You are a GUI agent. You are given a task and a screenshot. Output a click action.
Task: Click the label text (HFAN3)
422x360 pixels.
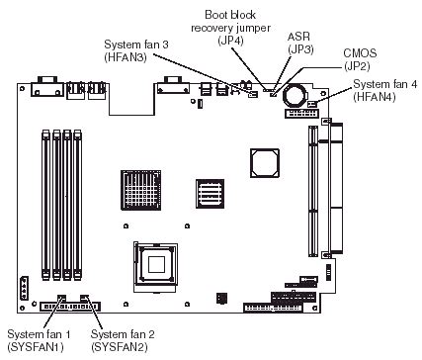click(137, 58)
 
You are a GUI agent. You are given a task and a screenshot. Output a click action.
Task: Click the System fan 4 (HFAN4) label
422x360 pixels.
click(385, 92)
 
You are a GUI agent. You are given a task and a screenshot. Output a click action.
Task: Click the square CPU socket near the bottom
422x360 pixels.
click(157, 263)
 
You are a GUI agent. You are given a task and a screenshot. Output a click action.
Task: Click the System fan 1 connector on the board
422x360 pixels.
click(61, 299)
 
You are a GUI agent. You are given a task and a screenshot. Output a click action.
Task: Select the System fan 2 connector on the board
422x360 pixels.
click(87, 299)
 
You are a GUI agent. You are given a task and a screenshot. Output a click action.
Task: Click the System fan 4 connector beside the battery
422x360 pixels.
click(314, 104)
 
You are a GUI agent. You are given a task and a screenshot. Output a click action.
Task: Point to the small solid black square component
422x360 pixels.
click(220, 298)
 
